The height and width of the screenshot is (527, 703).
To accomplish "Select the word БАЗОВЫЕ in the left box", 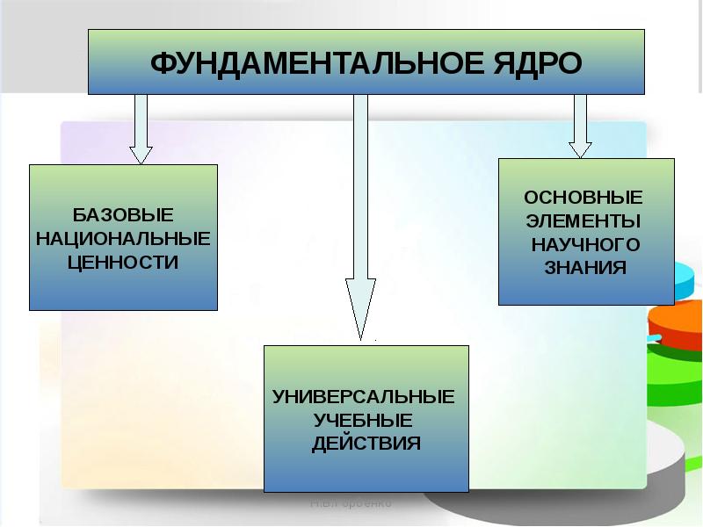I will point(123,215).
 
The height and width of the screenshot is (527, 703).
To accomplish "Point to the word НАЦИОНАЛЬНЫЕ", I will point(123,238).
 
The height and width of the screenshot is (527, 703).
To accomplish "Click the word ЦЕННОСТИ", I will point(123,261).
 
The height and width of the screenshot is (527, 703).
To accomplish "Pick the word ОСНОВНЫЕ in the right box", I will point(583,196).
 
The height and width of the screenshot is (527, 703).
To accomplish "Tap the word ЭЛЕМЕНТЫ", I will point(583,220).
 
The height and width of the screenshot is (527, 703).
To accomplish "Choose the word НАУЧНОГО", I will point(585,243).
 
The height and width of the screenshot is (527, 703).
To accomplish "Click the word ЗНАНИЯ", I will point(585,267).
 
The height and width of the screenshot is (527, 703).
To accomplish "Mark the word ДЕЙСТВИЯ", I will point(366,443).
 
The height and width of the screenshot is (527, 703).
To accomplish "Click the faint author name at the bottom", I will point(351,504).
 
